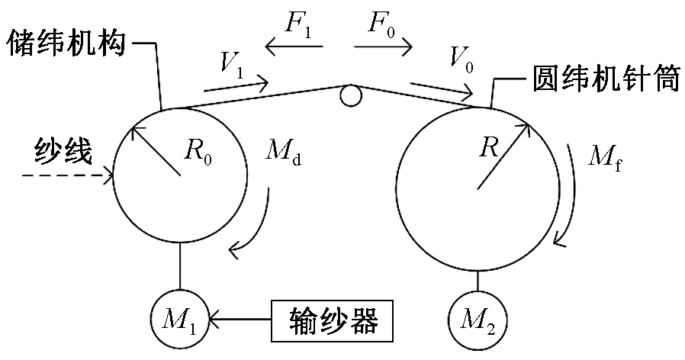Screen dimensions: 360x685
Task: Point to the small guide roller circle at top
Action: (x=350, y=94)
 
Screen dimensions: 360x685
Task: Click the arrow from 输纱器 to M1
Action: (x=240, y=314)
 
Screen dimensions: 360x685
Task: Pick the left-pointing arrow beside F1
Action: (x=294, y=47)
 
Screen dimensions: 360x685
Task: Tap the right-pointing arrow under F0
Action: (x=384, y=47)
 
